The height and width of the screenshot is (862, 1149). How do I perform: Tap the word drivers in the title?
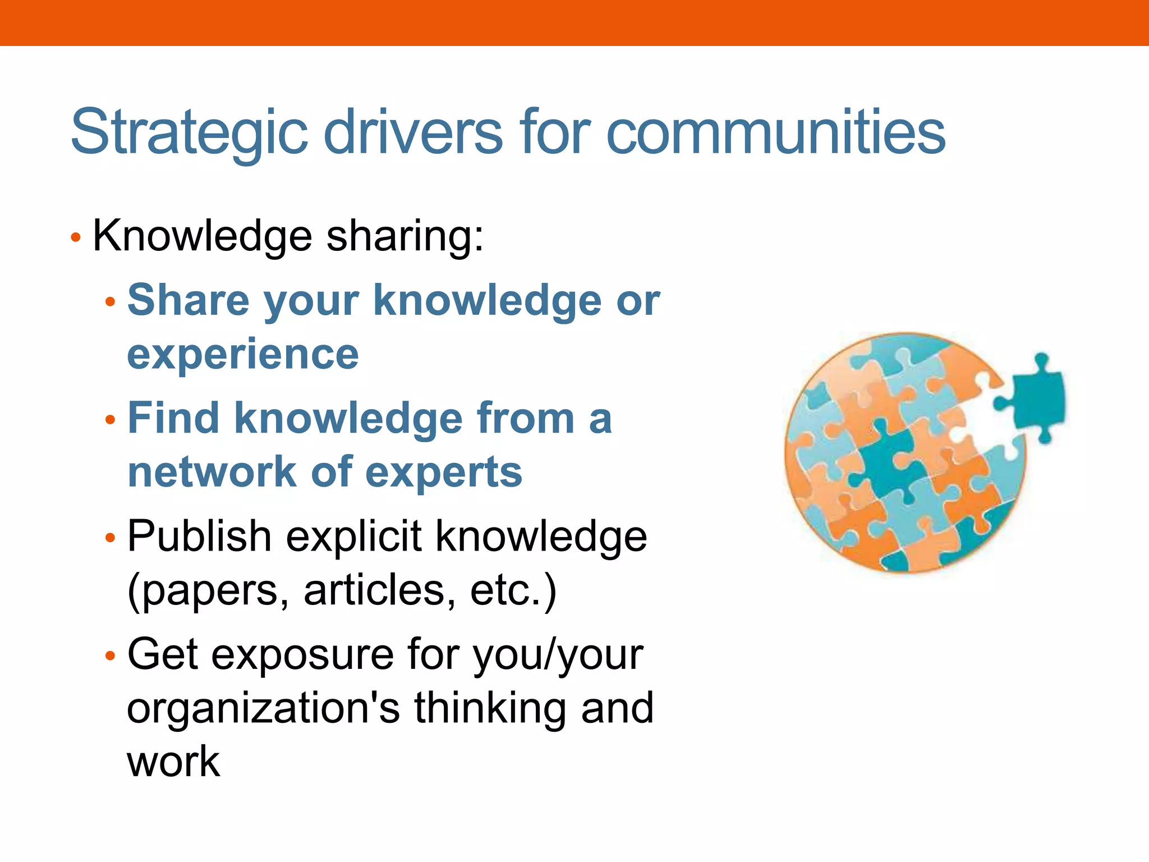click(x=413, y=132)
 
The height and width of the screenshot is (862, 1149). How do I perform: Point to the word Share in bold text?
click(x=188, y=300)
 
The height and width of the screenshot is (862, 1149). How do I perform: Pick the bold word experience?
click(x=243, y=354)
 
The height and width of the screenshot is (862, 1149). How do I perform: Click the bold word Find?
click(x=173, y=418)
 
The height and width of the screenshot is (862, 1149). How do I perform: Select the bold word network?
click(x=212, y=472)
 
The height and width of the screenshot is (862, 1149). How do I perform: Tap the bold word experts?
click(x=444, y=473)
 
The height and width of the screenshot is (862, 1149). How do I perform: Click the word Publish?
click(x=200, y=536)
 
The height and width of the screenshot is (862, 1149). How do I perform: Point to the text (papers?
click(x=208, y=591)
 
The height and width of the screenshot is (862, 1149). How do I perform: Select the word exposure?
click(x=302, y=655)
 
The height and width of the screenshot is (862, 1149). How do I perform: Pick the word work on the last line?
click(x=173, y=762)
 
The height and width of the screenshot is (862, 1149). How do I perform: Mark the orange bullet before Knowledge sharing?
click(x=76, y=237)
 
